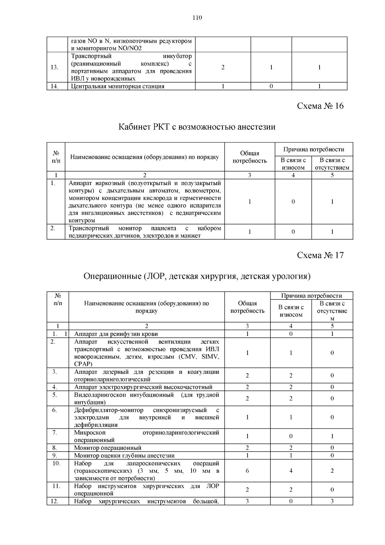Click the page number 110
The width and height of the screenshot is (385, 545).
(197, 18)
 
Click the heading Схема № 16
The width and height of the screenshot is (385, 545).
(320, 106)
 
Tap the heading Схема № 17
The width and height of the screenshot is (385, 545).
(320, 255)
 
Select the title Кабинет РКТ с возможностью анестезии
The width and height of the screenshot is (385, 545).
(197, 127)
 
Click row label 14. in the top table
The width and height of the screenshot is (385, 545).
(55, 86)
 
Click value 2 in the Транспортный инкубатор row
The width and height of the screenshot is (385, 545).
(223, 67)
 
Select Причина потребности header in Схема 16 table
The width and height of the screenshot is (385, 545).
(313, 149)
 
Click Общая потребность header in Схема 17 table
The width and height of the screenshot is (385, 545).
(247, 307)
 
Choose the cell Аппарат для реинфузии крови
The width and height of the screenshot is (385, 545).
(116, 334)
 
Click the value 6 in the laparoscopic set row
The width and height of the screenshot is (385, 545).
(247, 471)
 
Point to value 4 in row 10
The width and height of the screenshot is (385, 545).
(291, 471)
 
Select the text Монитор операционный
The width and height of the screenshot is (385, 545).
(108, 448)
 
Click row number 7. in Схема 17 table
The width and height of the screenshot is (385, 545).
(55, 433)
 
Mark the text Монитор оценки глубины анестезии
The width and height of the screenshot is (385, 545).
(124, 455)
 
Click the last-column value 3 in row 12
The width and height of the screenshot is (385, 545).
(332, 501)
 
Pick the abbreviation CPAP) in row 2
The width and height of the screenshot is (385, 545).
(83, 364)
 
